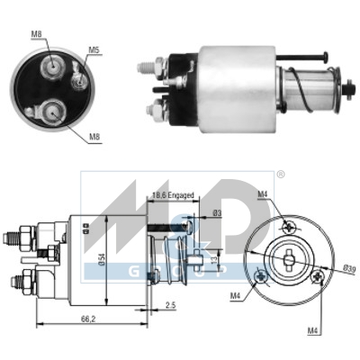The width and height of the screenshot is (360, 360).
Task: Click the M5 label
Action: [94, 49]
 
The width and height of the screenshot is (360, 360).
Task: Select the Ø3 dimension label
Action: [217, 213]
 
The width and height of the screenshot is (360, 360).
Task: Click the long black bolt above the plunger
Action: [305, 58]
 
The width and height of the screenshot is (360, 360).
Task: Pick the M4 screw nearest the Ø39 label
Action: [317, 279]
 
